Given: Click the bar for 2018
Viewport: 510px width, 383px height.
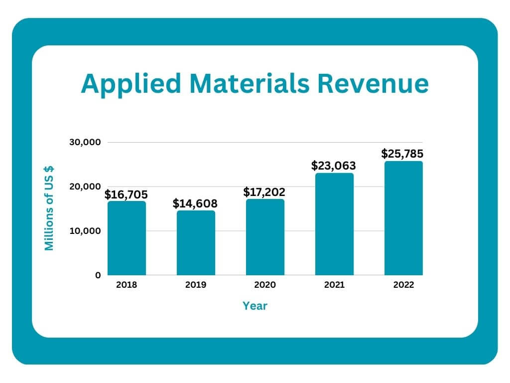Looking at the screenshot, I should coord(127,238).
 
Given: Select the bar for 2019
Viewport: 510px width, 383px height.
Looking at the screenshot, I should coord(196,243).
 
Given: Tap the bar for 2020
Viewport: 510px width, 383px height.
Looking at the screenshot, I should coord(265,237).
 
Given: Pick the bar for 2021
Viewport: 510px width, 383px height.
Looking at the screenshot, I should coord(334,224).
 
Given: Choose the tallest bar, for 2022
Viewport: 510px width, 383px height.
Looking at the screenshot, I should coord(403,218).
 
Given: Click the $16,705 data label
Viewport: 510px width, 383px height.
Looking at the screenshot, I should coord(126,194).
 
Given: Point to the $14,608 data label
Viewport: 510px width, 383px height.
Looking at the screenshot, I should coord(195,203).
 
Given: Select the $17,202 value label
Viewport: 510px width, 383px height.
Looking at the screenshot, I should coord(264,192).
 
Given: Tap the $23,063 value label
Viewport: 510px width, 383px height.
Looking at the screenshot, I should coord(334,166).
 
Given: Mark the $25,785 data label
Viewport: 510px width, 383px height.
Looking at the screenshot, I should coord(403,153).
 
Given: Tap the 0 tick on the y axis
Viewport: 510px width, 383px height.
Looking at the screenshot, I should coord(98,275).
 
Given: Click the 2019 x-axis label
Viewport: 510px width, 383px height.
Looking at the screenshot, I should coord(196,285).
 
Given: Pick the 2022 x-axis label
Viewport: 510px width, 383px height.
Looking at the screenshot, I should coord(403,285).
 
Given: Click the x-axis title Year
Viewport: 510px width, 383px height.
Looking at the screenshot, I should coord(255,306).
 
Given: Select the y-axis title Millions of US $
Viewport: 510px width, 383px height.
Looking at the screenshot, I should coord(49,208).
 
